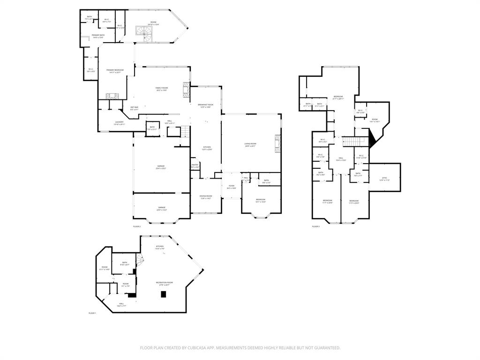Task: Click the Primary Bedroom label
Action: [115, 71]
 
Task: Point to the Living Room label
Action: [250, 145]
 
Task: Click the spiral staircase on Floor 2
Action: [142, 32]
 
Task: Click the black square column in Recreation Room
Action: [163, 294]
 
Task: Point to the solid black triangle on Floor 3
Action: [373, 139]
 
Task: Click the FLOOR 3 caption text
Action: [315, 226]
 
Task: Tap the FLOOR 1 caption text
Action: [92, 313]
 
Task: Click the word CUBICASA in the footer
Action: [207, 348]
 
